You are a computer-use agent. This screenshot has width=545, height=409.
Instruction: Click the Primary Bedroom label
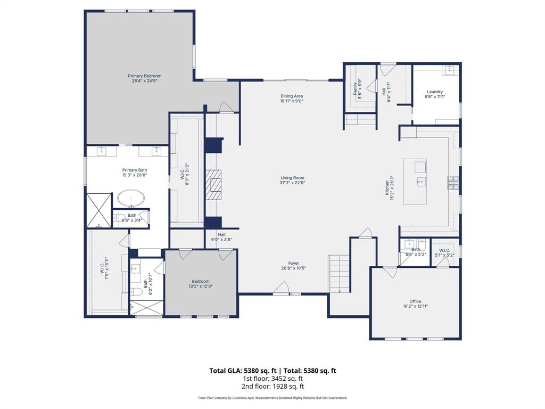tap(144, 76)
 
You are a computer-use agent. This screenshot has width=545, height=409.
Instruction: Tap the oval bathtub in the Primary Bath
tap(130, 198)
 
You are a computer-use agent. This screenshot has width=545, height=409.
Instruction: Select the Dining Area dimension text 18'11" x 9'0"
tap(292, 101)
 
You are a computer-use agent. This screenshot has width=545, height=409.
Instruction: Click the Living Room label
tap(292, 178)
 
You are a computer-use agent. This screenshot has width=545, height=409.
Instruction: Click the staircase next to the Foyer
tap(340, 273)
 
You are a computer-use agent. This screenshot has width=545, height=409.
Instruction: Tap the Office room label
tap(415, 301)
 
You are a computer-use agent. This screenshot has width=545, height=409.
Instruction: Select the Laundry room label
tap(434, 92)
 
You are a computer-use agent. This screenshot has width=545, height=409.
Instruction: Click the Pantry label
tap(355, 88)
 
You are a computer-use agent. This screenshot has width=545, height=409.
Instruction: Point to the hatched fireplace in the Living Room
tap(214, 184)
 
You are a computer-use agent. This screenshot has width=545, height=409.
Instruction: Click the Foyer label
tap(294, 263)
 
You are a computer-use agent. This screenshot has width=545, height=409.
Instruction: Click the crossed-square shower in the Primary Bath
tap(99, 210)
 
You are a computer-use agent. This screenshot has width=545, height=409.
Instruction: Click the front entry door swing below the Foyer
tap(280, 289)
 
